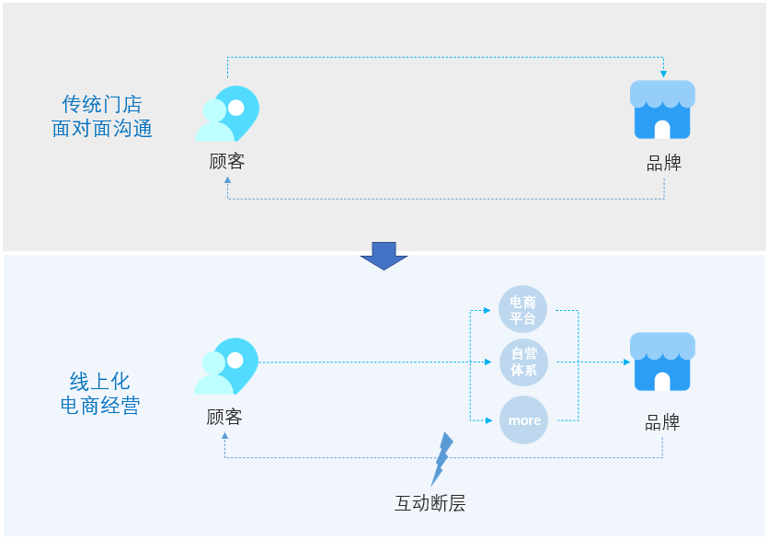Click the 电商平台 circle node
click(522, 309)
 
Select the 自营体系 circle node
click(522, 362)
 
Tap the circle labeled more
click(523, 420)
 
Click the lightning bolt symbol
click(442, 457)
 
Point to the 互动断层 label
click(430, 503)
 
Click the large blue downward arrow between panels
click(384, 255)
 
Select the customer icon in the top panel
click(226, 113)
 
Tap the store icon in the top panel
click(662, 109)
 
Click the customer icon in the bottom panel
click(226, 366)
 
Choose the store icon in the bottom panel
click(662, 362)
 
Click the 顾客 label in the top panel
click(227, 162)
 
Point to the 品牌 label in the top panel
click(663, 164)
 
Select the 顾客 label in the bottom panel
click(224, 417)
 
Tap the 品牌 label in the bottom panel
click(662, 422)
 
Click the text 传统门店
click(101, 104)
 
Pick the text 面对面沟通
click(101, 128)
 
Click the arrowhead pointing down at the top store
click(663, 73)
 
